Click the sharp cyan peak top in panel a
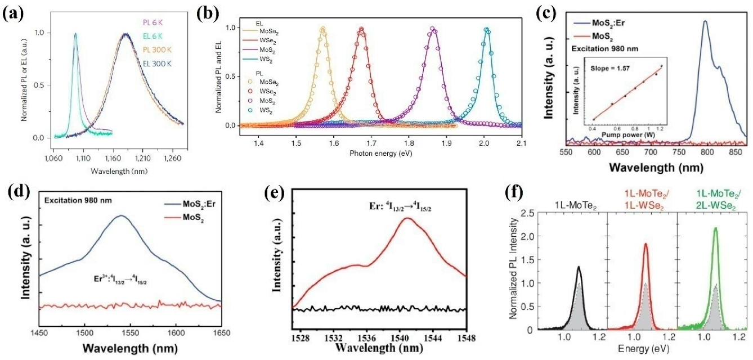point(75,34)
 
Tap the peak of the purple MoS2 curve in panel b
point(432,28)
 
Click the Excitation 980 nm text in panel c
point(595,49)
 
